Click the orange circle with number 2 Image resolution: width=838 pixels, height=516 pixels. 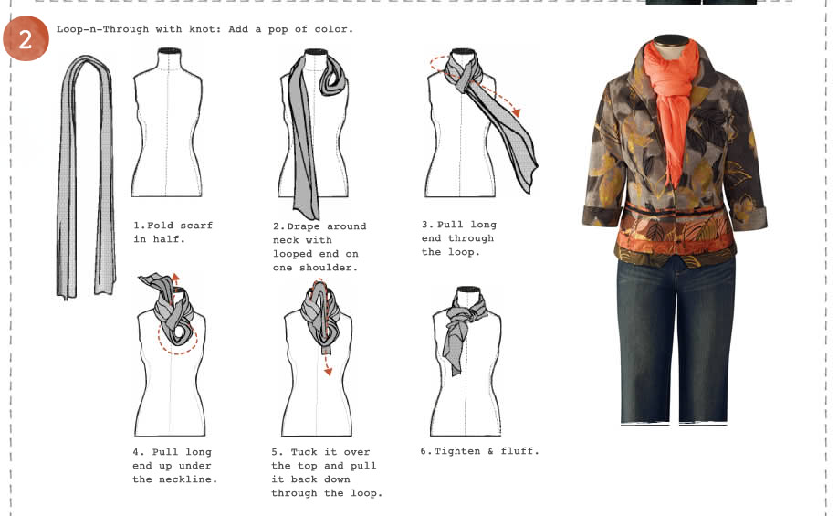click(25, 38)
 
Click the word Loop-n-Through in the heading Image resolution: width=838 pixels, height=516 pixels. click(101, 29)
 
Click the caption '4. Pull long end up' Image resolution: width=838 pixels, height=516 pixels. click(174, 465)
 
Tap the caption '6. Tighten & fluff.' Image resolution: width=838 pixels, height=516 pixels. click(479, 451)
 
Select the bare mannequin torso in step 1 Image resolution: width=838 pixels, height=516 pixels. click(165, 128)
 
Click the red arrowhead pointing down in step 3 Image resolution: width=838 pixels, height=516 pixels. click(517, 111)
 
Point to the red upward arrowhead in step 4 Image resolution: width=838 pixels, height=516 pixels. click(176, 278)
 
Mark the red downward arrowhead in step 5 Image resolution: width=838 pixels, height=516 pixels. click(327, 371)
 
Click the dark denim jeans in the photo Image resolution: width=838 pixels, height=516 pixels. click(676, 338)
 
